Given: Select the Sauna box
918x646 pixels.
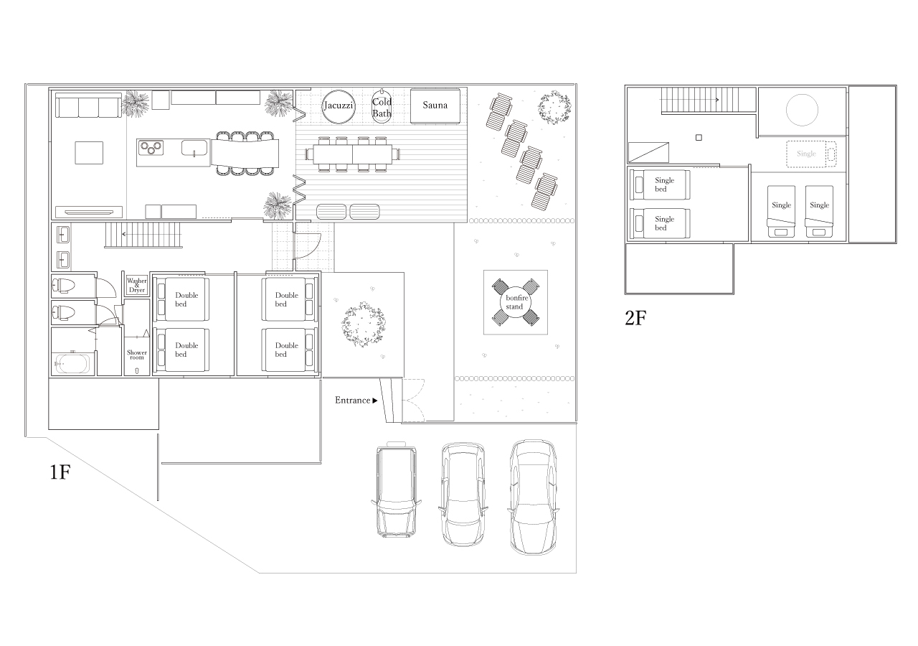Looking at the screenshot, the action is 435,106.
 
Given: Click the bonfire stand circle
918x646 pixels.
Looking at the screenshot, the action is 516,302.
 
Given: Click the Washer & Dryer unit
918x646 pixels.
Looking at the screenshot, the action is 137,285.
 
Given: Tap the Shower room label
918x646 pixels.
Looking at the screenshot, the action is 137,355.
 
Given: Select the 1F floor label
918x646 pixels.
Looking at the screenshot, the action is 60,472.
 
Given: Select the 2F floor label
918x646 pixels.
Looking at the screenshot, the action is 635,318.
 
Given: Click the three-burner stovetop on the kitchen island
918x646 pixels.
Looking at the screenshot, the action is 151,148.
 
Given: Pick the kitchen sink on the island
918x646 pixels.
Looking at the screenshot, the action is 194,148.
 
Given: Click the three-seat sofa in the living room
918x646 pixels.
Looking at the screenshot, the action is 88,106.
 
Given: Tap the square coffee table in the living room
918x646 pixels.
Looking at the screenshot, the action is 89,153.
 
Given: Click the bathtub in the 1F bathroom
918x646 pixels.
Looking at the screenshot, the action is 72,364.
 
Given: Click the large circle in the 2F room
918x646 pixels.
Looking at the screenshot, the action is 802,110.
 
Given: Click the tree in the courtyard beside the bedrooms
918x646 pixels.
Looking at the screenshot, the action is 364,324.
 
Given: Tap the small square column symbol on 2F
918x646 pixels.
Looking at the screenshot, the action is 699,137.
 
